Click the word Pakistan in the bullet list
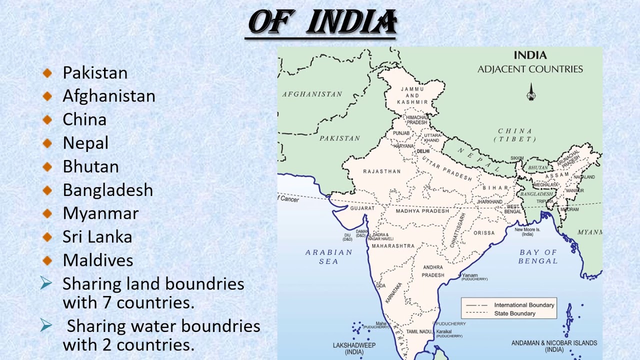(95, 73)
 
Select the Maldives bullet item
(98, 260)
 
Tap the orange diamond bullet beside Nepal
(47, 143)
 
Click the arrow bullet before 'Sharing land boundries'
(46, 284)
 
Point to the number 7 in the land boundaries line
(108, 302)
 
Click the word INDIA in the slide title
(351, 23)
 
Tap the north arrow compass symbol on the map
(531, 93)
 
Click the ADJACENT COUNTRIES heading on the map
(530, 69)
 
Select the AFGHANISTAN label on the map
(312, 94)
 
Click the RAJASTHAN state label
(382, 171)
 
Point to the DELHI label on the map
(423, 151)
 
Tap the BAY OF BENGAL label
(538, 256)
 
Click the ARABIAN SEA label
(328, 256)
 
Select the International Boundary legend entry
(524, 305)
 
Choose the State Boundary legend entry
(514, 313)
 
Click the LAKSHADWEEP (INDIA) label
(354, 348)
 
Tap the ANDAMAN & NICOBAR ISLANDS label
(554, 346)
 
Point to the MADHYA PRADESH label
(422, 211)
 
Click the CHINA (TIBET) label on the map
(515, 135)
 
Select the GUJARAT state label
(362, 208)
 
